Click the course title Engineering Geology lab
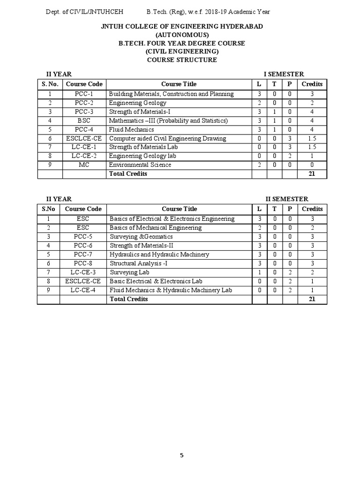[140, 156]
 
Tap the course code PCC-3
[84, 112]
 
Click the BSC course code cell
[84, 120]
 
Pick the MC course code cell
[84, 165]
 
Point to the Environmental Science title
[140, 165]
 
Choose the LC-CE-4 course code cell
[83, 290]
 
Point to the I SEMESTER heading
[284, 74]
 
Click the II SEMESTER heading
[287, 199]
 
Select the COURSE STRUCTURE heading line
[182, 60]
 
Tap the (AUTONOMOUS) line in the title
[182, 35]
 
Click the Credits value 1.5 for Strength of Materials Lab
[312, 147]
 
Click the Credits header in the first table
[312, 84]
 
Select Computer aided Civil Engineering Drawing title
[167, 138]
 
